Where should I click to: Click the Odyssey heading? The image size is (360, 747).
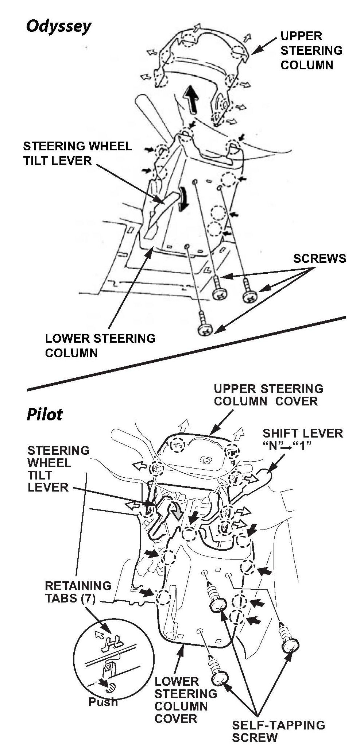pos(58,26)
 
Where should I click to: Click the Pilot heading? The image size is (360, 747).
pos(44,414)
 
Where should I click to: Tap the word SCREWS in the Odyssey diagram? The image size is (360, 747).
pos(320,258)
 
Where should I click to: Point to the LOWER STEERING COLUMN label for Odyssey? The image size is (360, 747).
pos(100,345)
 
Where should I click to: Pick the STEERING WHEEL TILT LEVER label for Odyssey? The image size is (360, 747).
pos(77,153)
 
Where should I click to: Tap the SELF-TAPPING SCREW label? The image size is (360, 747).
pos(278,731)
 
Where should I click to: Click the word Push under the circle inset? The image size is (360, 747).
pos(103,702)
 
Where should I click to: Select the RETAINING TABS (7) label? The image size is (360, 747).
pos(78,592)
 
